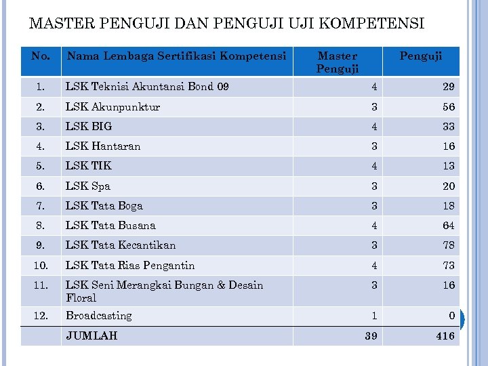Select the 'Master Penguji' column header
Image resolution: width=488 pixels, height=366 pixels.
338,62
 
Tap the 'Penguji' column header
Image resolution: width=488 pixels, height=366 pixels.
420,56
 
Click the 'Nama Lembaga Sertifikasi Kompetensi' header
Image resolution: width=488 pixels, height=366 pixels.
176,56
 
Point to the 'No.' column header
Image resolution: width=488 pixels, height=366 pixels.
41,56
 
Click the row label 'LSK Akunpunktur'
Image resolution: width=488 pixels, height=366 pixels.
113,106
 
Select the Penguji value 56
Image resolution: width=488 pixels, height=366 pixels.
448,106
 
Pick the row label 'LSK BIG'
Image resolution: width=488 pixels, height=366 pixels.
89,126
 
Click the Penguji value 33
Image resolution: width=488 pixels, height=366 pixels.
448,126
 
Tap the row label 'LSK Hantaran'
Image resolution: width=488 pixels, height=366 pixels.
103,146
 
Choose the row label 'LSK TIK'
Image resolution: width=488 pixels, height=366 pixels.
88,165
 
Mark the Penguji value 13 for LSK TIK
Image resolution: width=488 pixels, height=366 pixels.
448,166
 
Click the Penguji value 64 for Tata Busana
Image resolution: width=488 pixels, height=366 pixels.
448,226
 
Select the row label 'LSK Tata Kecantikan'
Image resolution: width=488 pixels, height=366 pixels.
121,245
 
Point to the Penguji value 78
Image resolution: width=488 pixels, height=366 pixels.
448,245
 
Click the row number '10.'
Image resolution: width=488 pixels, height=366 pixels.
41,265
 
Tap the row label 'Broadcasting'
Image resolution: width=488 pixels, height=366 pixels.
99,316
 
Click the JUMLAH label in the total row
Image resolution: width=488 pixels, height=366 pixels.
91,335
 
